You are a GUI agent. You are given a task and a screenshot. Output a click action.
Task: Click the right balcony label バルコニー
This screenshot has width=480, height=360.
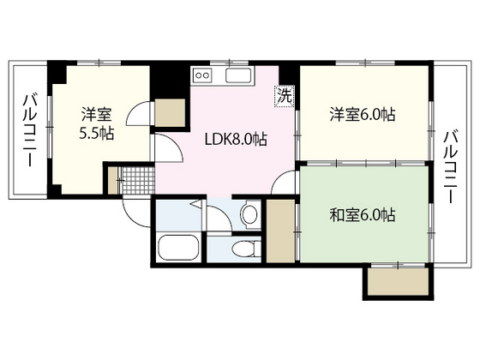(x=452, y=166)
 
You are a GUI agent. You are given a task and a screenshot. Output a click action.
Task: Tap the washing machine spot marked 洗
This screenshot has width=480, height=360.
(x=282, y=97)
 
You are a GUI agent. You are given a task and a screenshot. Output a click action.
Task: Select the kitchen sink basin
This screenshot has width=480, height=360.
(x=237, y=79)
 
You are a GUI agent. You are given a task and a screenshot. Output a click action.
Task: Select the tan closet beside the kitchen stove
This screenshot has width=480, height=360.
(x=171, y=112)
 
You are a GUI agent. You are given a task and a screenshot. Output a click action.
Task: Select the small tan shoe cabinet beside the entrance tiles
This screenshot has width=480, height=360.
(x=111, y=177)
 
